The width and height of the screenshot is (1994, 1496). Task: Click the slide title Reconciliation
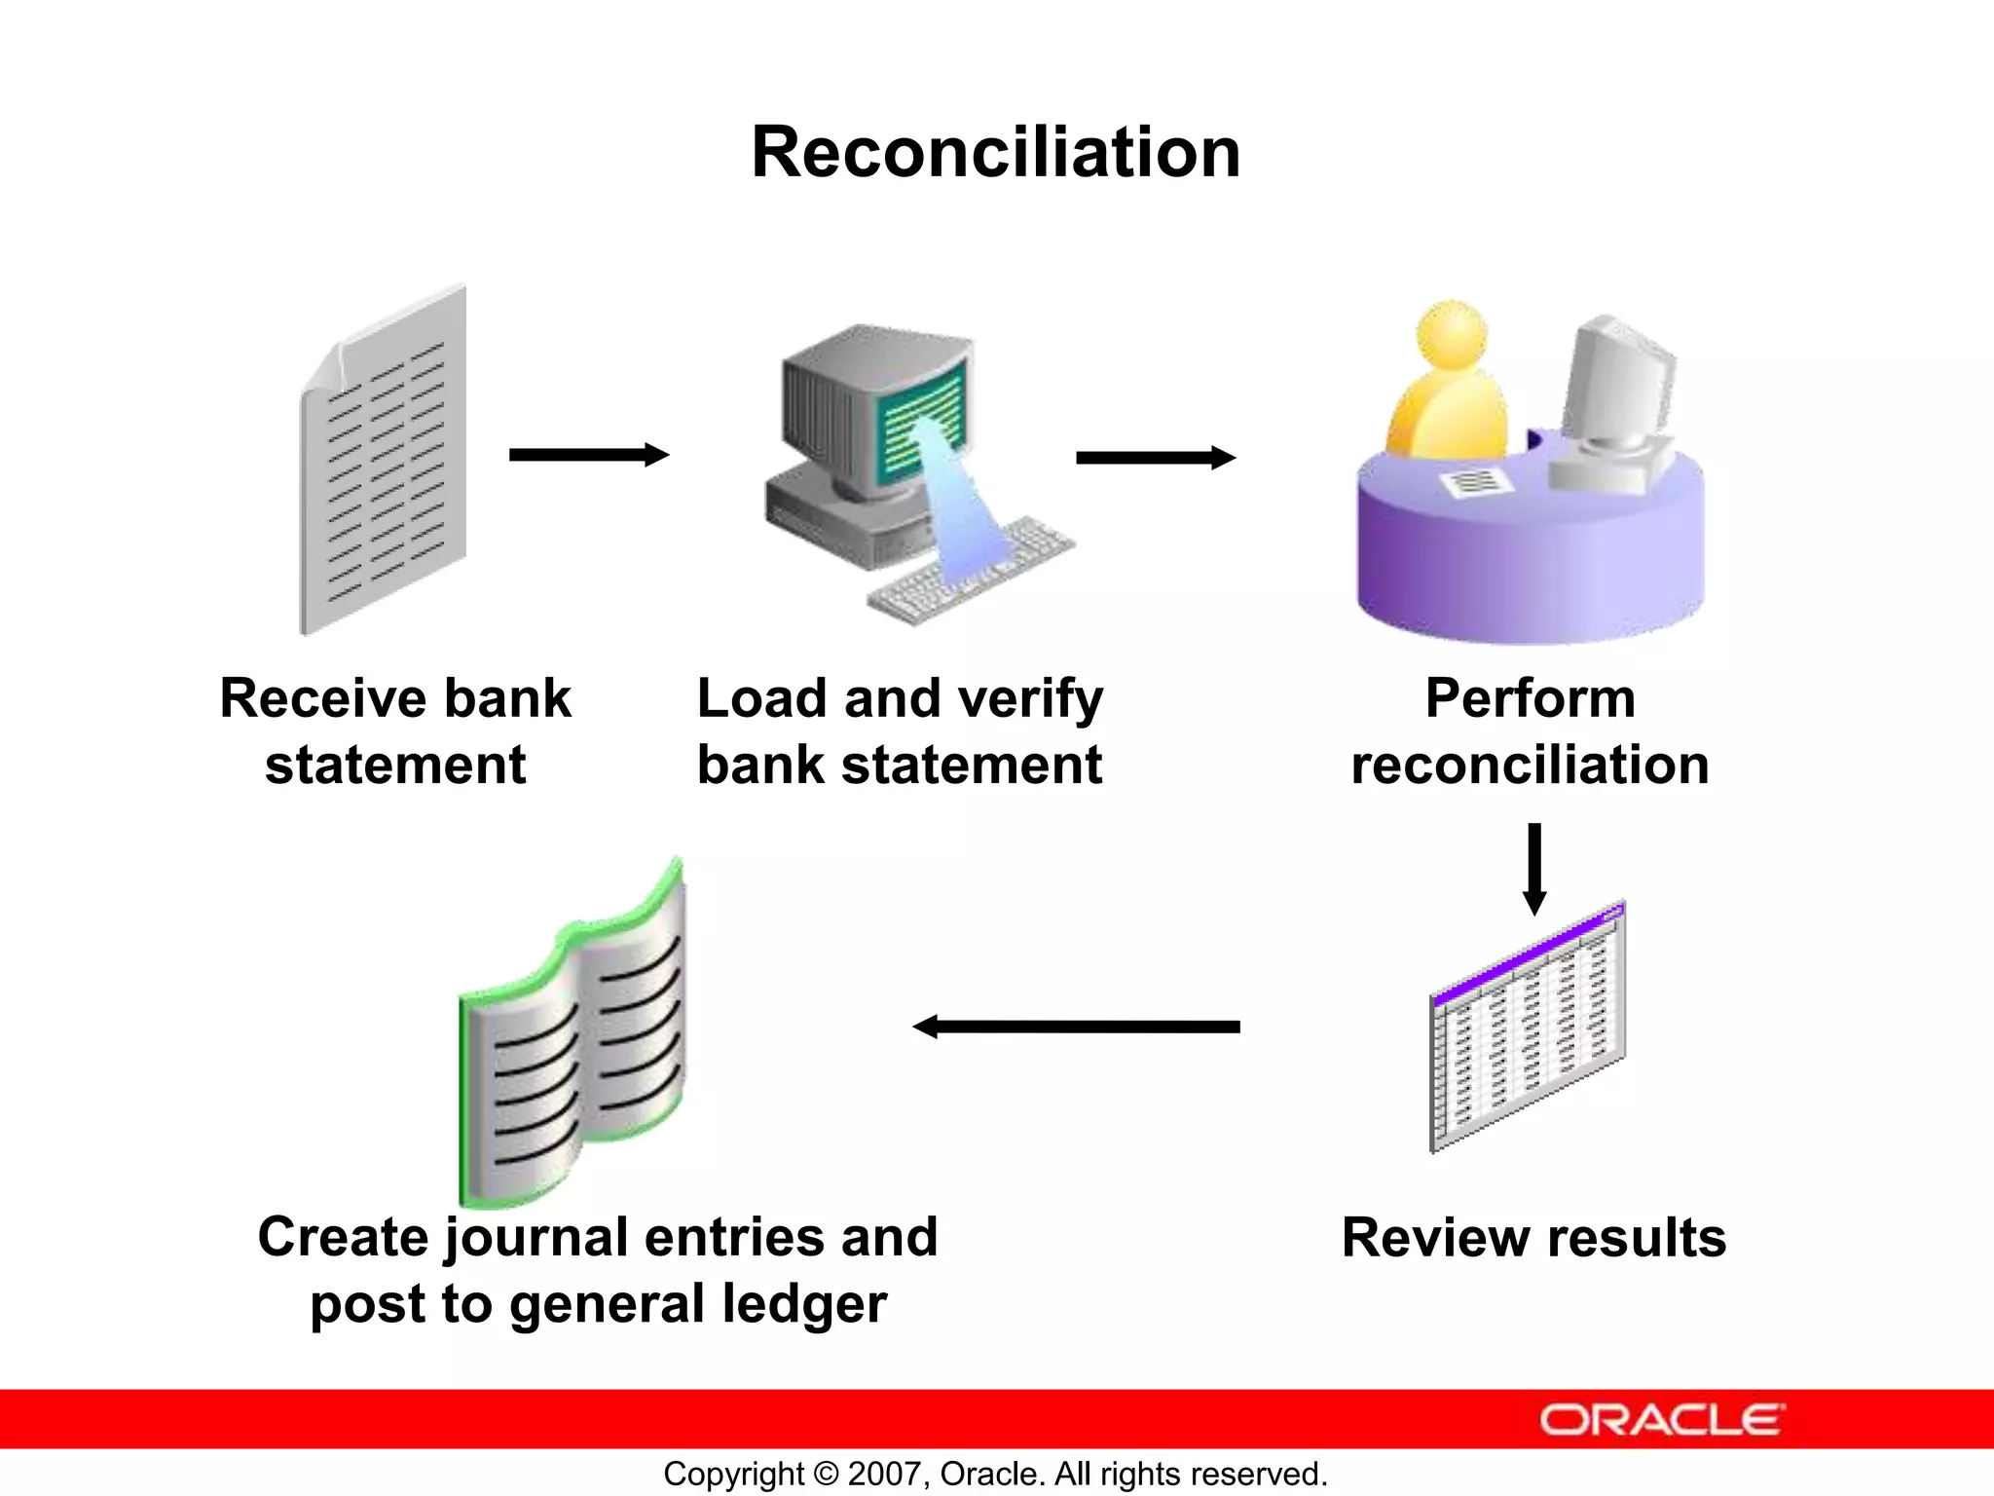(x=995, y=153)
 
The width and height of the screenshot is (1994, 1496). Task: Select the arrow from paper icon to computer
(x=588, y=455)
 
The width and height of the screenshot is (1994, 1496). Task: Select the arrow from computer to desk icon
(x=1155, y=458)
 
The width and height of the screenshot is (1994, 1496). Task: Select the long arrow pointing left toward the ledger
(x=1076, y=1027)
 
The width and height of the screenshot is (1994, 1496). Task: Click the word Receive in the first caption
(x=322, y=698)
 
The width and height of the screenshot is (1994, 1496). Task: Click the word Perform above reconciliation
(x=1530, y=698)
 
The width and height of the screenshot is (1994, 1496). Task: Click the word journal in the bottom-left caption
(x=536, y=1239)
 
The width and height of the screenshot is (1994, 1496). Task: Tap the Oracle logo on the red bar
(x=1662, y=1420)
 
